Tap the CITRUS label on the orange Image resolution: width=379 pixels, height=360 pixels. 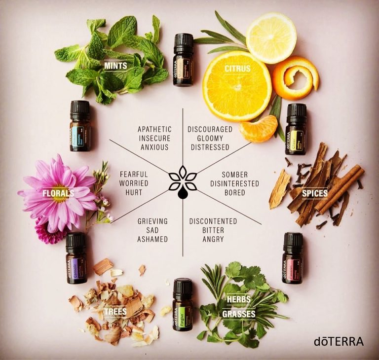click(x=237, y=69)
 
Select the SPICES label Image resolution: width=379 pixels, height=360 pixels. click(x=314, y=193)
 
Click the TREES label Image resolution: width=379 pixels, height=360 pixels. click(x=115, y=311)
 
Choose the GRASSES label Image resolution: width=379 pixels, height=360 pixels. click(x=239, y=314)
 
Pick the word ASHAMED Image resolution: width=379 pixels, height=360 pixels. click(x=153, y=239)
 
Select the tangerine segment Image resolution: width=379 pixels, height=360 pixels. click(x=258, y=128)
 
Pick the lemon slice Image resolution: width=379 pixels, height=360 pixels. click(x=271, y=38)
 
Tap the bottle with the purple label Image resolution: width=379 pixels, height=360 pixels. click(x=76, y=258)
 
